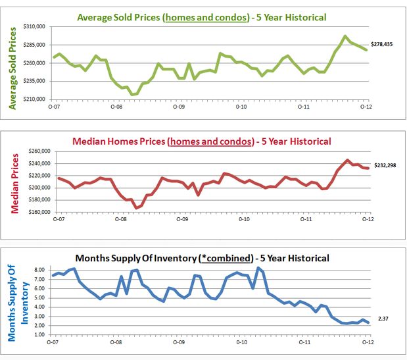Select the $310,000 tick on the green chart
(34, 27)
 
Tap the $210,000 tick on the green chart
(34, 99)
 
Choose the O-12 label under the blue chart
(366, 342)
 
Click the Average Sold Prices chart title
(201, 17)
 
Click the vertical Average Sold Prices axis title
(12, 63)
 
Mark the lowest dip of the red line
(136, 208)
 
